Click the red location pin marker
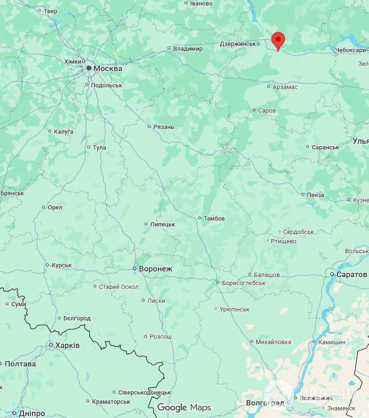click(278, 40)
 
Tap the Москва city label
click(108, 69)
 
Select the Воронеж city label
click(155, 269)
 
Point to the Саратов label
click(352, 274)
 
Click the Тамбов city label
click(214, 218)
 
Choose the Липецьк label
click(162, 224)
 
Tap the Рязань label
click(164, 127)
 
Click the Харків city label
click(67, 346)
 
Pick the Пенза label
click(315, 195)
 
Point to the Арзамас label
click(285, 87)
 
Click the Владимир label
click(188, 49)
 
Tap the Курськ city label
click(61, 265)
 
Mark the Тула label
click(100, 148)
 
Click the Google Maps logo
click(184, 407)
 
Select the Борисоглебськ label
click(244, 283)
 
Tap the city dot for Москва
click(89, 68)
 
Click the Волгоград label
click(265, 403)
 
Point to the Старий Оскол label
click(118, 287)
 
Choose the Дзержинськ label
click(238, 44)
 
